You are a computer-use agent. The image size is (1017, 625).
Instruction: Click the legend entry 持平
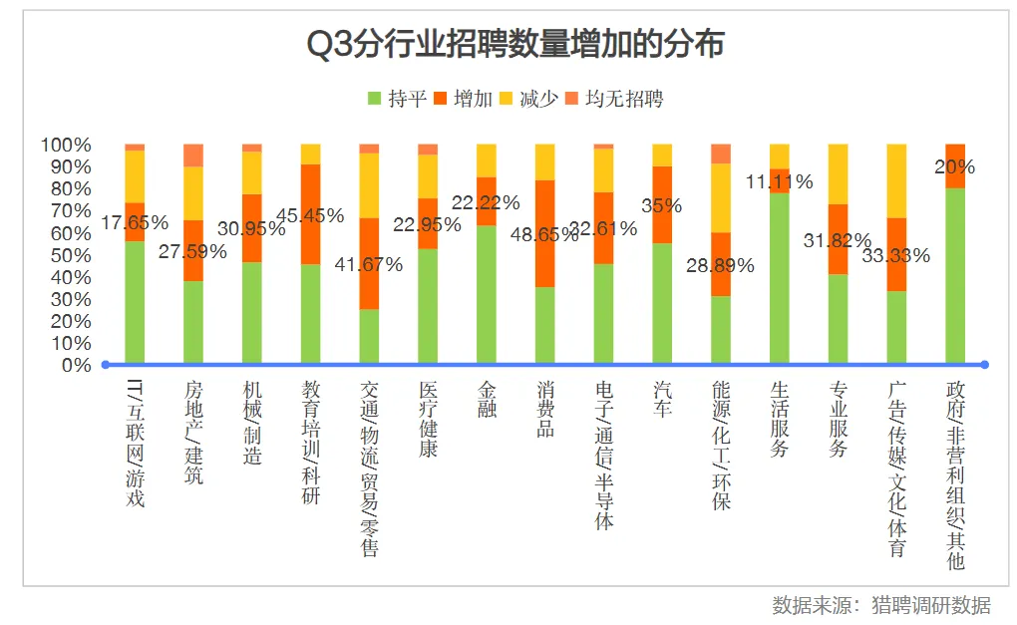click(398, 98)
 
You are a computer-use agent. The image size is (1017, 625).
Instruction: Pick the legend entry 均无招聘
click(614, 98)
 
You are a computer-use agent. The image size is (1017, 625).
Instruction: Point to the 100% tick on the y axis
click(67, 146)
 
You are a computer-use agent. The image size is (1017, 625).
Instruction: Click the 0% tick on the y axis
click(75, 365)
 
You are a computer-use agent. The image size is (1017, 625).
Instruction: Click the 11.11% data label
click(779, 181)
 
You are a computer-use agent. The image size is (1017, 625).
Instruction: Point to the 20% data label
click(954, 166)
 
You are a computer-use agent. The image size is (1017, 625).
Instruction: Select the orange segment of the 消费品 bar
click(544, 233)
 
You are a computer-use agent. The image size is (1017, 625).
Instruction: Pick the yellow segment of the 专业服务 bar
click(838, 173)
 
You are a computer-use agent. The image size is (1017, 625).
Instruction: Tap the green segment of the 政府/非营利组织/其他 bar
click(954, 275)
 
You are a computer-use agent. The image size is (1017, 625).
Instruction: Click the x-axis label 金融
click(487, 398)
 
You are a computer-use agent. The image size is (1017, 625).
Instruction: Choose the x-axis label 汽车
click(662, 398)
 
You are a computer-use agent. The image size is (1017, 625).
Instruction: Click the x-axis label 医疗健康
click(428, 419)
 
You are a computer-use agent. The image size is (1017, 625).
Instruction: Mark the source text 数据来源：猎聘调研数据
click(880, 605)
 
